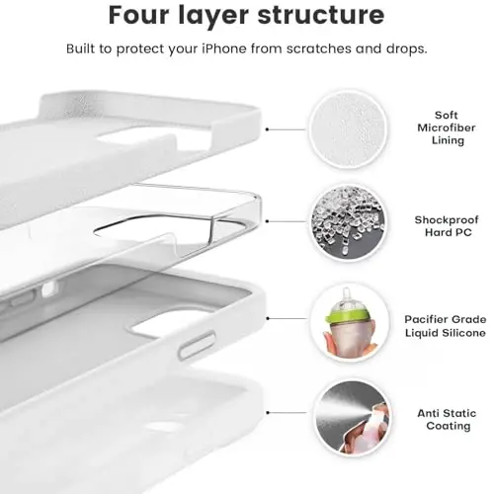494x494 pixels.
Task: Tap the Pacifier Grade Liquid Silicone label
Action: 444,327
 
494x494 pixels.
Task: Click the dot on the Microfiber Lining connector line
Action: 270,128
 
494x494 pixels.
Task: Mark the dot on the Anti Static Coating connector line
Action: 270,419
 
